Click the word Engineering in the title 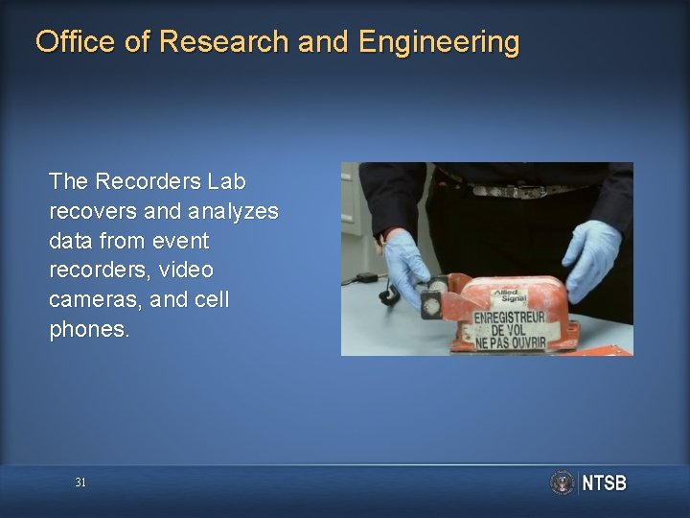tap(439, 42)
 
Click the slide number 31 tap(80, 483)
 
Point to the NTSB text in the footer tap(604, 483)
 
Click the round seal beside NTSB tap(562, 483)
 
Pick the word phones tap(88, 330)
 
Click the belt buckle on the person tap(517, 191)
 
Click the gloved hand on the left tap(406, 263)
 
